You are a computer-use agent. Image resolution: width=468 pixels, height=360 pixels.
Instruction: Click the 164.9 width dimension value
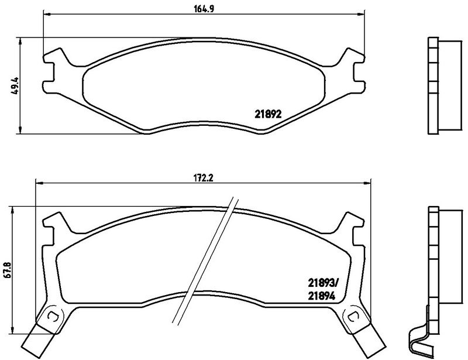[204, 9]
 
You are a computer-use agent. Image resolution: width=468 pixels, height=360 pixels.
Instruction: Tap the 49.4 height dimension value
[15, 85]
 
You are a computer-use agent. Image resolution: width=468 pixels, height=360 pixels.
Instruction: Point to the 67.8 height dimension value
[7, 270]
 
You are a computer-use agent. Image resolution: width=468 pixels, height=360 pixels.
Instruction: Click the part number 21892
[268, 114]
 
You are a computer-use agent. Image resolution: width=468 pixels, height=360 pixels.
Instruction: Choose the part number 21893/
[324, 282]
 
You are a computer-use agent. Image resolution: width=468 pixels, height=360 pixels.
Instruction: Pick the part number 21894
[322, 296]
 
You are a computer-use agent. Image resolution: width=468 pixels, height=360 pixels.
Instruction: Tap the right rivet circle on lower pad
[354, 316]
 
